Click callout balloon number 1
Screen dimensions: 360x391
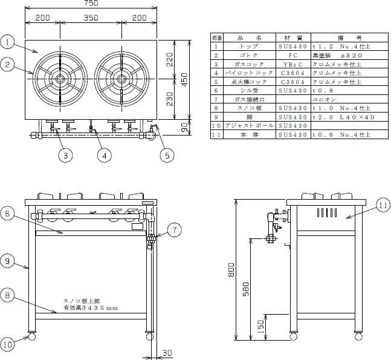coord(7,42)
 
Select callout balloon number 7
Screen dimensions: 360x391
coord(173,230)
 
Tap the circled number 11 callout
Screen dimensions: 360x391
coord(384,206)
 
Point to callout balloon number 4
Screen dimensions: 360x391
coord(104,155)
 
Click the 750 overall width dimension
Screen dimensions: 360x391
coord(91,4)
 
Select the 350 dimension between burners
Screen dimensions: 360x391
coord(91,18)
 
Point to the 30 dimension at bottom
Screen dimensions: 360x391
coord(167,353)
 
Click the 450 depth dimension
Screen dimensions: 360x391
coord(186,79)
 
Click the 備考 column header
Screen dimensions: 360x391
coord(349,38)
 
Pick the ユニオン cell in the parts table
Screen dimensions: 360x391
coord(323,99)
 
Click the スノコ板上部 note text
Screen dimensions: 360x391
coord(82,301)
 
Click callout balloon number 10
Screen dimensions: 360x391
coord(7,345)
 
